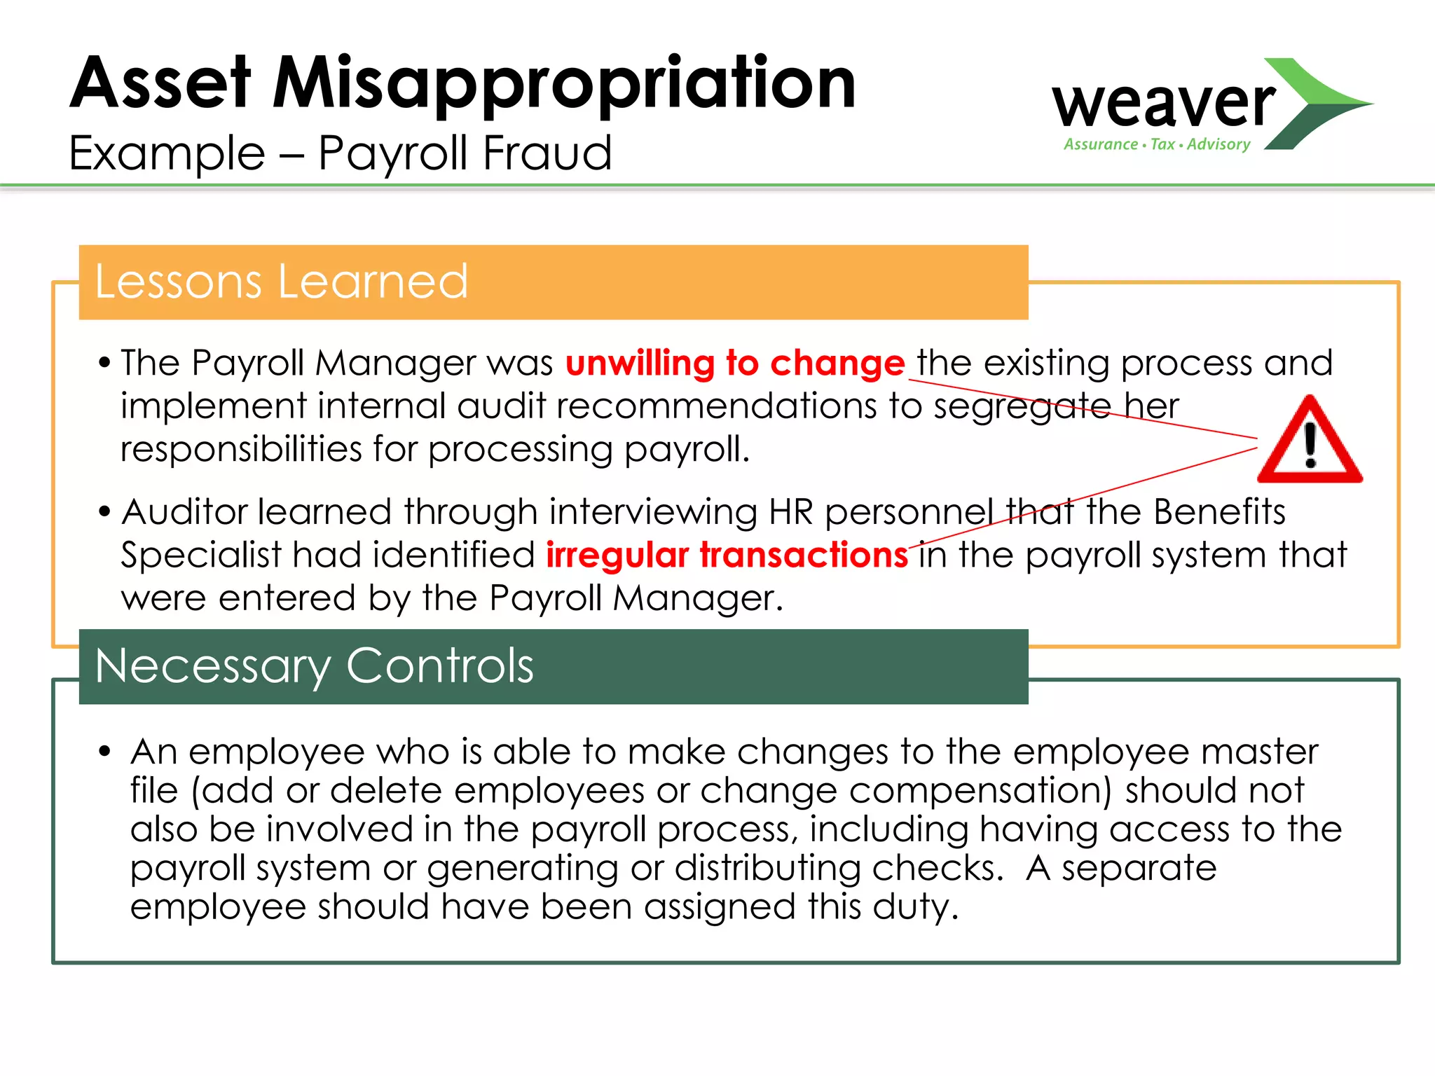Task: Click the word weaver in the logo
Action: point(1163,104)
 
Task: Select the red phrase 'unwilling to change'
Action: point(735,363)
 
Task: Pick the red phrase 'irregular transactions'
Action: point(727,555)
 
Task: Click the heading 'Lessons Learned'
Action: point(281,282)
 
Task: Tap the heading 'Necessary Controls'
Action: point(314,665)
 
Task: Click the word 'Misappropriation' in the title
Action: point(564,84)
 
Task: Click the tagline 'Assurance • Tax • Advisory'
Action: point(1157,144)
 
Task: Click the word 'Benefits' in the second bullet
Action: point(1219,511)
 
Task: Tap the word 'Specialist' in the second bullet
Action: point(200,555)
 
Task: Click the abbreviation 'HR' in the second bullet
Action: point(790,511)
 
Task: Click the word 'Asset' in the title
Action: point(160,84)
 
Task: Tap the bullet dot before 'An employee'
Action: point(105,752)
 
